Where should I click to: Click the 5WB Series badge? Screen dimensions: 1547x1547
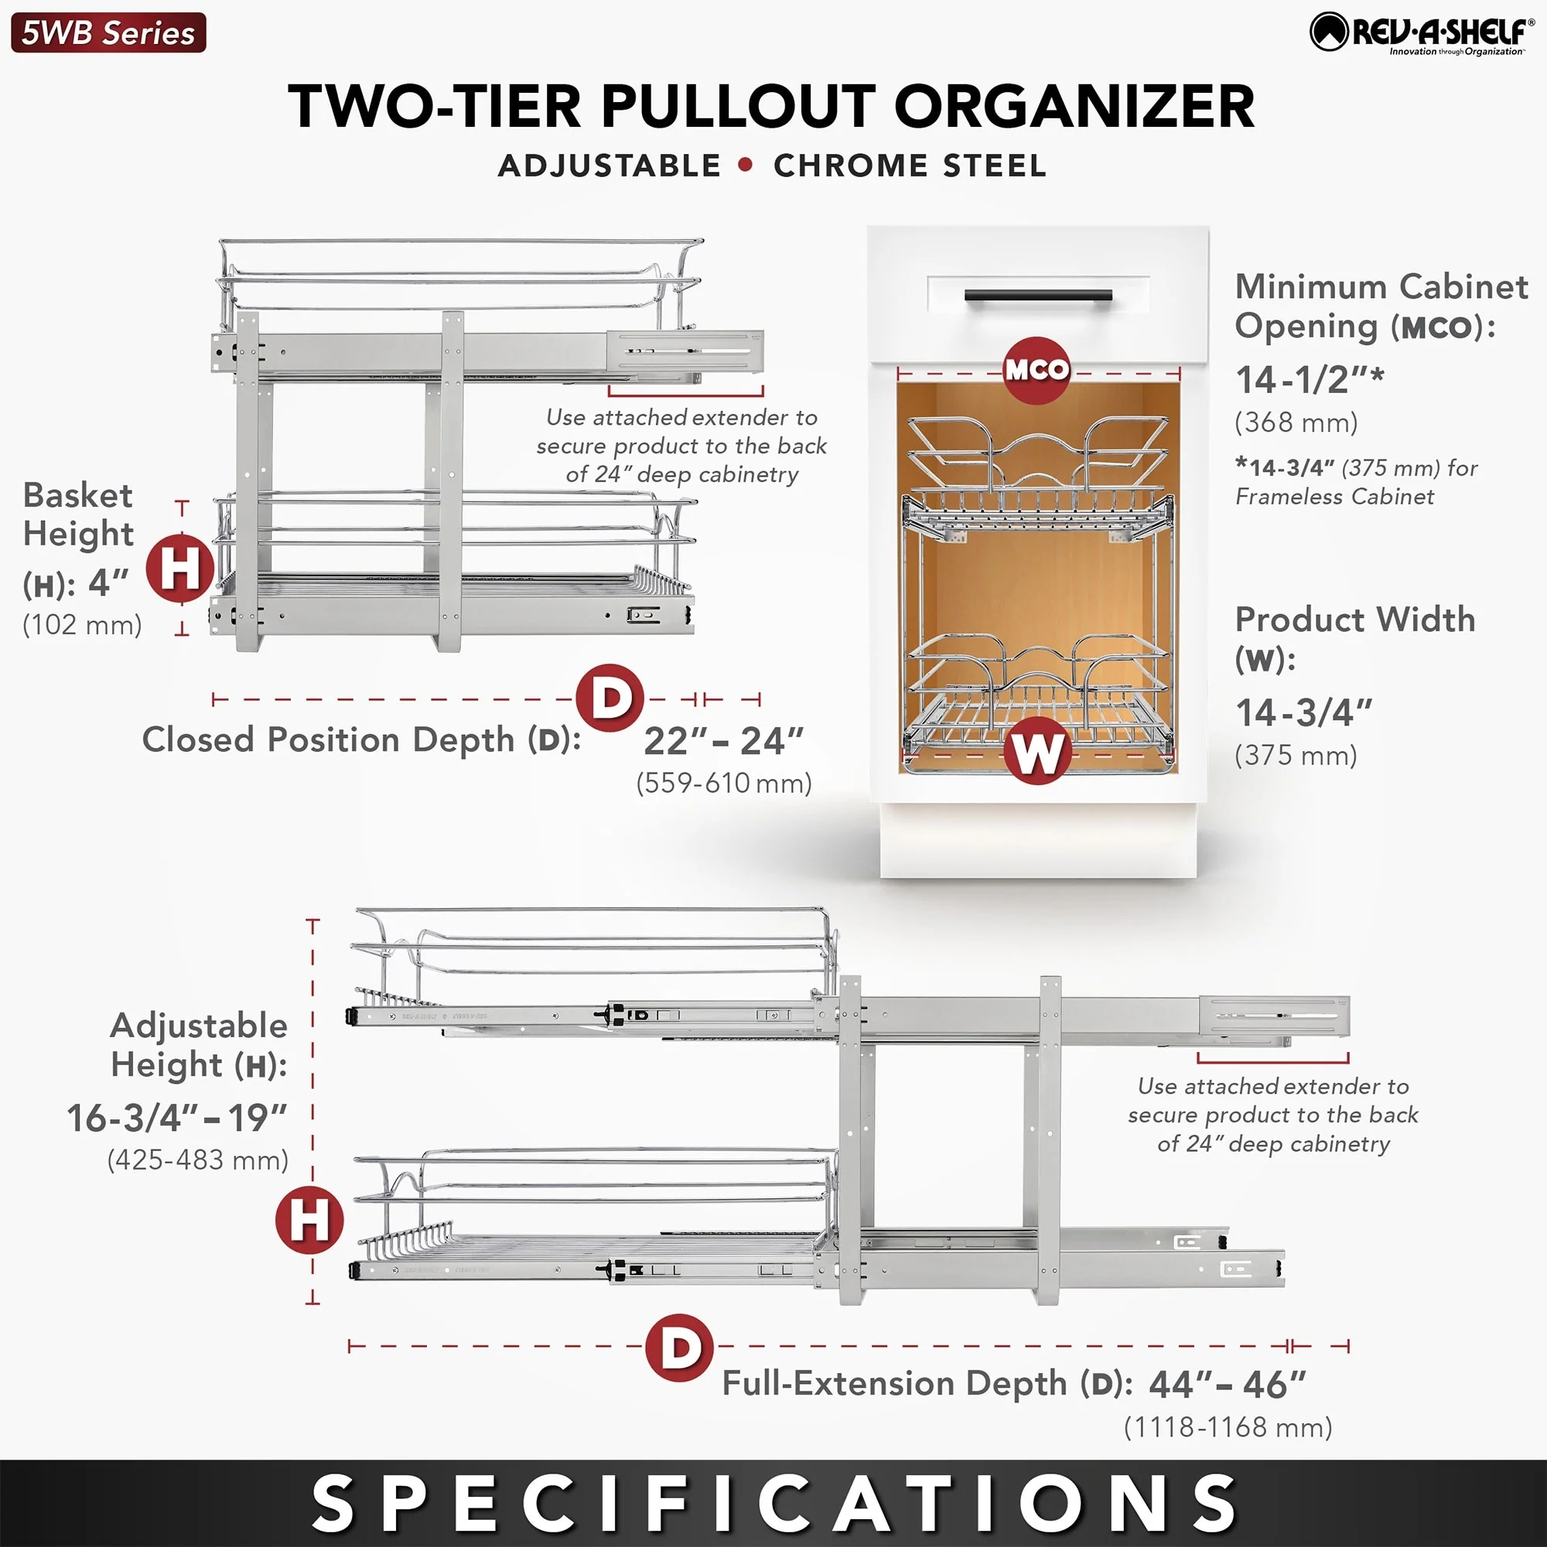(x=108, y=32)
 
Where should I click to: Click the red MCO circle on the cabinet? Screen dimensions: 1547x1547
(x=1037, y=370)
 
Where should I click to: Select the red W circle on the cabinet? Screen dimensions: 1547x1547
(x=1037, y=750)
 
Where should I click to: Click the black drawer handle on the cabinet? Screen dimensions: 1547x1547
(x=1038, y=295)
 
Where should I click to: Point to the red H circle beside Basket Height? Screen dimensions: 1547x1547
(x=180, y=569)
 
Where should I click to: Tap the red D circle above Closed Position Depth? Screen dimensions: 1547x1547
(x=610, y=698)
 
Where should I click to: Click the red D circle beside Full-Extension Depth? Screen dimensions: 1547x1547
(x=680, y=1347)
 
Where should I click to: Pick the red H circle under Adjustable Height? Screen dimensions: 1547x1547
(x=309, y=1221)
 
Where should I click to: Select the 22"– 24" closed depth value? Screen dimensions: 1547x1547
(x=723, y=742)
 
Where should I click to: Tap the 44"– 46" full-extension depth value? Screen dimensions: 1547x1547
(x=1227, y=1385)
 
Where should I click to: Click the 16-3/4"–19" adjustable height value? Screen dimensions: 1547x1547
(x=177, y=1118)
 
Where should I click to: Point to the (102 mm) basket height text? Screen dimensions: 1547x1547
(x=82, y=624)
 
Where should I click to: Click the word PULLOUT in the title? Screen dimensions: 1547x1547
(x=736, y=107)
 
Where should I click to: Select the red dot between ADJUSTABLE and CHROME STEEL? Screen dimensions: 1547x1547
(x=746, y=165)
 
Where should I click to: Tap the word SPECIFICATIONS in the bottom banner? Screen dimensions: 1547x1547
(x=773, y=1503)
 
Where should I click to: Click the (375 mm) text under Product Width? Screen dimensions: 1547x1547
(x=1296, y=755)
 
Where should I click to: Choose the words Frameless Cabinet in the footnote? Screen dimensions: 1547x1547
(x=1334, y=497)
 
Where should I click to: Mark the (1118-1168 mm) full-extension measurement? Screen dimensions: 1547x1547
(x=1228, y=1427)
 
